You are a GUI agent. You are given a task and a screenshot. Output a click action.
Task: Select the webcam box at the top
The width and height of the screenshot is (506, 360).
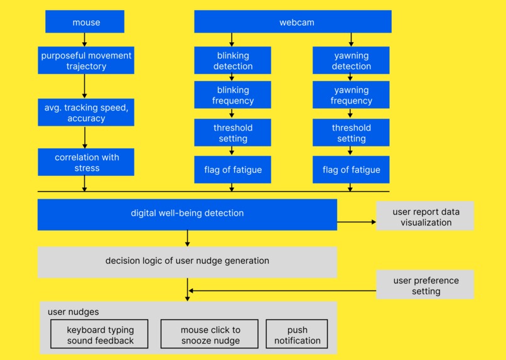coord(293,22)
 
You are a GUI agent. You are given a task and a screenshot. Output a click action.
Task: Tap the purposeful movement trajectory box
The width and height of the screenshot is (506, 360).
coord(86,60)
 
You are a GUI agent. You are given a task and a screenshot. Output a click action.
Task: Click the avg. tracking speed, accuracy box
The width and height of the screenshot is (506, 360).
coord(86,112)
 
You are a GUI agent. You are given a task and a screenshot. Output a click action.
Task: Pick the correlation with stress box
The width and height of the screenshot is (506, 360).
coord(86,162)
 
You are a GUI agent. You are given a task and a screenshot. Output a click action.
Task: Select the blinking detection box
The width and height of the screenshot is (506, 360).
coord(233,60)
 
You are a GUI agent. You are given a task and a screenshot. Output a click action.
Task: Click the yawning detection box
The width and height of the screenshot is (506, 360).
coord(351,60)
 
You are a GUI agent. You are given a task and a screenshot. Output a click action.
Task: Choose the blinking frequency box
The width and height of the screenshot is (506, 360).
coord(233,95)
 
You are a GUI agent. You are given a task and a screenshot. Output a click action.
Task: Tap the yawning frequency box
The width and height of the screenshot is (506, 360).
coord(351,95)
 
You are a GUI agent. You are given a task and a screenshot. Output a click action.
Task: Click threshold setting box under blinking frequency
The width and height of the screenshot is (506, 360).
coord(233,133)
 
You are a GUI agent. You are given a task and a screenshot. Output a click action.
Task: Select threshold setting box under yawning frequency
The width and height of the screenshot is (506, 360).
coord(351,133)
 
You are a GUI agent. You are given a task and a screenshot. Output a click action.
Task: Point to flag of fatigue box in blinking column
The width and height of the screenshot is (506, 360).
coord(233,170)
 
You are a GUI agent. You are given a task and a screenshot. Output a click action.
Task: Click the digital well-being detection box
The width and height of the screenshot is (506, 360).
coord(187,214)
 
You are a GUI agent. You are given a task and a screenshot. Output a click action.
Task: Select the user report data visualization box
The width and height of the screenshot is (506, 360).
coord(425,216)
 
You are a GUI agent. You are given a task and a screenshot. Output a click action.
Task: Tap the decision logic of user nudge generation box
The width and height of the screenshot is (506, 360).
coord(187,261)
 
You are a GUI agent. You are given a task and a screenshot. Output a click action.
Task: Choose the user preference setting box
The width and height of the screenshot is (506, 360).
coord(425,285)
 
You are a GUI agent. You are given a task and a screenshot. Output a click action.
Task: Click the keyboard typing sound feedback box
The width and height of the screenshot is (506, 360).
coord(100,335)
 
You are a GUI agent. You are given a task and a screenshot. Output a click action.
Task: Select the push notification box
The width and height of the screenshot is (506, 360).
coord(297,335)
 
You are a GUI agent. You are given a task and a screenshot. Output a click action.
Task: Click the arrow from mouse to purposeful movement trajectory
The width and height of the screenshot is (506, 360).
coord(85,40)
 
